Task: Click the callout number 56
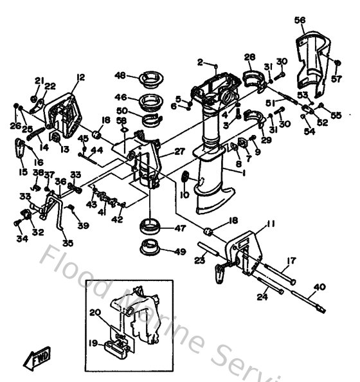300,21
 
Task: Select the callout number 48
120,75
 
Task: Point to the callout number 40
319,287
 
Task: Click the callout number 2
200,62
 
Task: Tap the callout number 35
68,243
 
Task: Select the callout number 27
179,152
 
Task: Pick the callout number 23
200,260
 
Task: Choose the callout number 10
184,194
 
